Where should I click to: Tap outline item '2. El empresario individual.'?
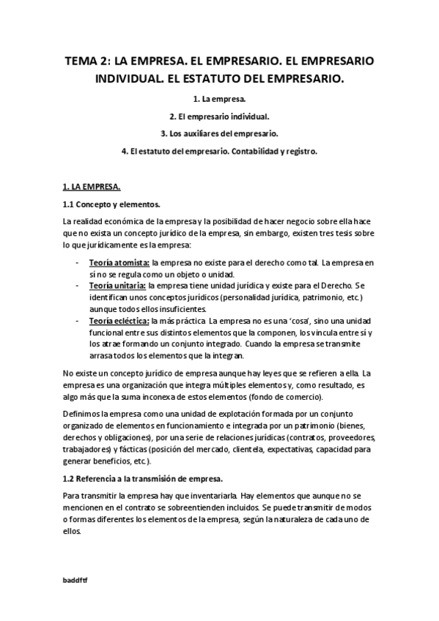[219, 116]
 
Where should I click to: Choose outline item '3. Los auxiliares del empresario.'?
[219, 134]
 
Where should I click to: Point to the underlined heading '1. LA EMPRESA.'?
[92, 186]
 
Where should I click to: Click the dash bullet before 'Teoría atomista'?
[78, 262]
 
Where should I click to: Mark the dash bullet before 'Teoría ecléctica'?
[78, 320]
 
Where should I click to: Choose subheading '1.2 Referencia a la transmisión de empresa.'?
[143, 478]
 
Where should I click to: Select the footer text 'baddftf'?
[75, 579]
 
